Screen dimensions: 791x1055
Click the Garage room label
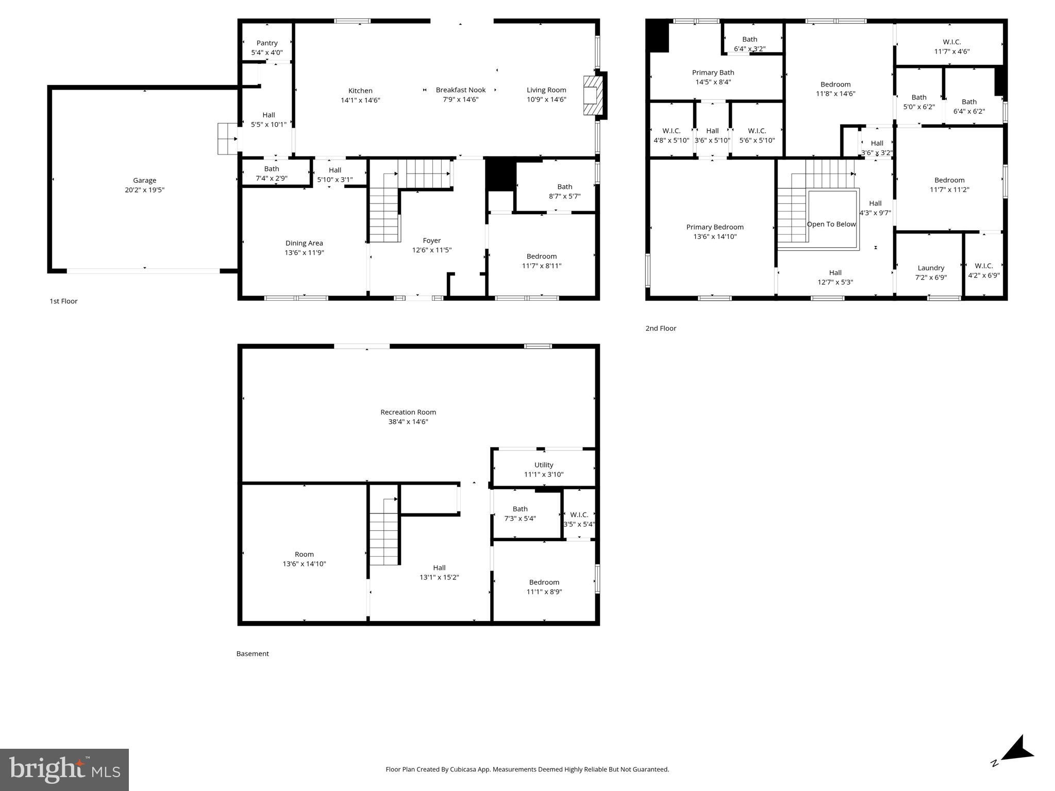tap(144, 180)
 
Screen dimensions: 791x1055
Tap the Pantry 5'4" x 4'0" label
tap(267, 47)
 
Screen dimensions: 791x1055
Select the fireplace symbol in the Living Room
tap(591, 95)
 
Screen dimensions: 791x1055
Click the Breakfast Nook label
tap(460, 90)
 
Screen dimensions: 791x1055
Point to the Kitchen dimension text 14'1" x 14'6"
tap(360, 100)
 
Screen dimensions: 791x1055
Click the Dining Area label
tap(304, 243)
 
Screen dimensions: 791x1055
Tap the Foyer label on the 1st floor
tap(431, 240)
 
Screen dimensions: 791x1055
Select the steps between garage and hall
tap(227, 139)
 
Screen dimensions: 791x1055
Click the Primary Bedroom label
tap(714, 227)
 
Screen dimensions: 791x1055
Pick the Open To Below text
tap(831, 224)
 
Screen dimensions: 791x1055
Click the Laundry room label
tap(930, 268)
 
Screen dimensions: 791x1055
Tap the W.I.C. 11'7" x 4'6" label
tap(951, 46)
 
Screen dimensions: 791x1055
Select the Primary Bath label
tap(713, 73)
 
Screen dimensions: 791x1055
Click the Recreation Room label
tap(408, 412)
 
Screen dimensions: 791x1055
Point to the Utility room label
tap(543, 465)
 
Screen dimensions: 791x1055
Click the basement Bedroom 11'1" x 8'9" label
tap(544, 587)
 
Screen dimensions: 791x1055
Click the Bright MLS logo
tap(64, 769)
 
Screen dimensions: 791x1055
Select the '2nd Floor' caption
tap(660, 329)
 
